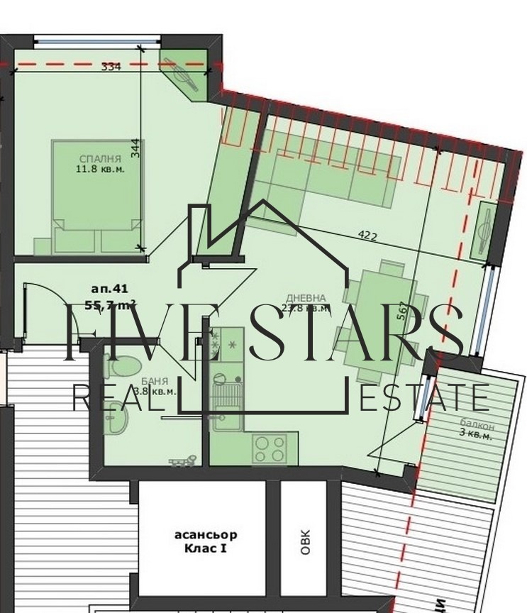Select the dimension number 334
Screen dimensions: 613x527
click(x=111, y=67)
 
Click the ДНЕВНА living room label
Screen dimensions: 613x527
click(x=306, y=298)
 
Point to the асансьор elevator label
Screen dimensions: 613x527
click(x=205, y=535)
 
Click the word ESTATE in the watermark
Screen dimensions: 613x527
click(x=424, y=397)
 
